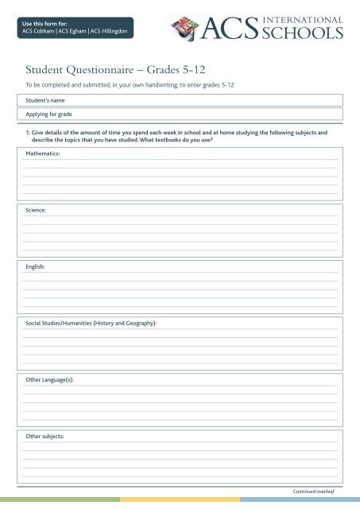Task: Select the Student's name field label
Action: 45,100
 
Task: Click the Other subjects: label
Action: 45,437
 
